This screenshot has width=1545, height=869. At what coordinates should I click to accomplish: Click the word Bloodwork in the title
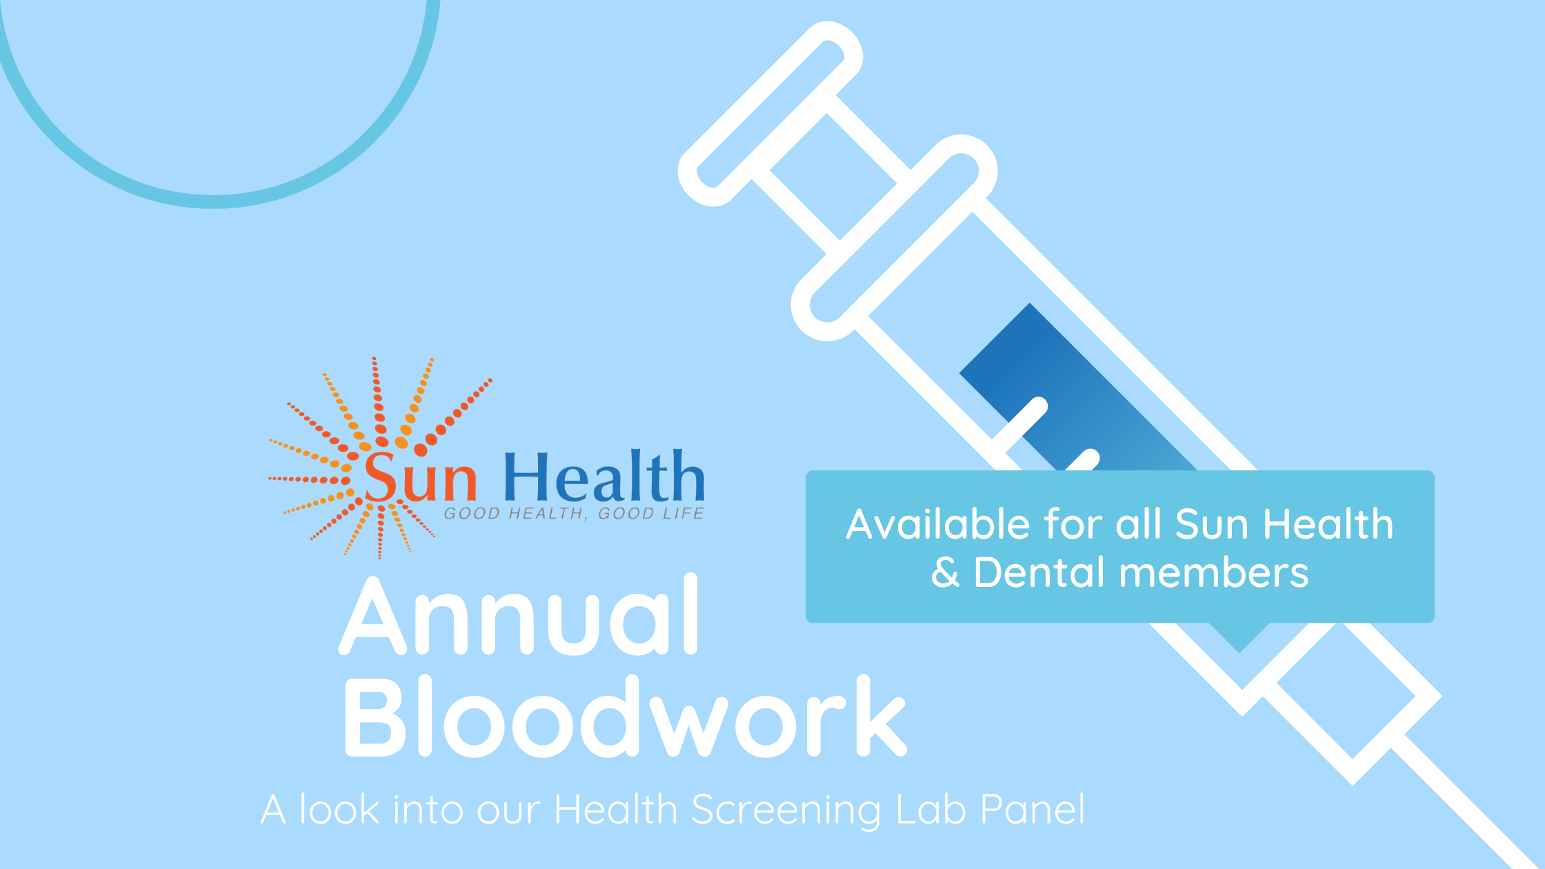coord(624,717)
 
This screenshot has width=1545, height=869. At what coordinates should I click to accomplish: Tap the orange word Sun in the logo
coord(420,477)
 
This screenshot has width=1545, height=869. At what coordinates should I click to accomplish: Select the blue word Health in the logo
coord(604,477)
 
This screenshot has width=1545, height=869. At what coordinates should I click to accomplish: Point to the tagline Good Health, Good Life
coord(574,514)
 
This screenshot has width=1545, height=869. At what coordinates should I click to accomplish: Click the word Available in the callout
coord(938,524)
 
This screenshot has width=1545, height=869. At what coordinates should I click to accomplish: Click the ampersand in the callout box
coord(945,573)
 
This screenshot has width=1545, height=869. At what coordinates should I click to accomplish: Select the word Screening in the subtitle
coord(786,810)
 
